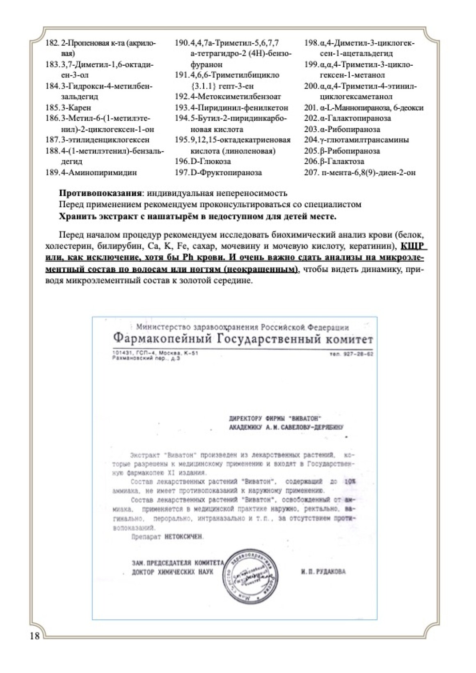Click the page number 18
coord(35,636)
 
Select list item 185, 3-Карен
coord(68,108)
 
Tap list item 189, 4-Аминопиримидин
coord(91,172)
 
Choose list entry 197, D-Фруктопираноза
coord(218,172)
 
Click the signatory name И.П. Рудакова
coord(323,572)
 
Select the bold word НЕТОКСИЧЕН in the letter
coord(184,537)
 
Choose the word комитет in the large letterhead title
coord(349,340)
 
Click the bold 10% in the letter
coord(350,481)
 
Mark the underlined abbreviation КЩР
coord(412,246)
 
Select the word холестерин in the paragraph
coord(65,247)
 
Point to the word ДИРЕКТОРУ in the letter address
coord(245,419)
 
